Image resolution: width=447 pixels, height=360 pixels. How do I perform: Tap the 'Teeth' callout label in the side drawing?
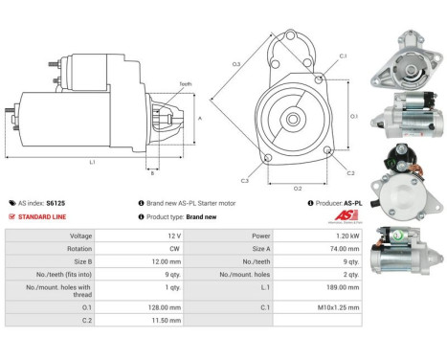click(x=185, y=84)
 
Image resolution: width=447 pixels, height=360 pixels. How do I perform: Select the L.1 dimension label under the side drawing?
click(x=92, y=162)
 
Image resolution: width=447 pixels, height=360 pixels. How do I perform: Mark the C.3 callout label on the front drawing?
click(x=245, y=180)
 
